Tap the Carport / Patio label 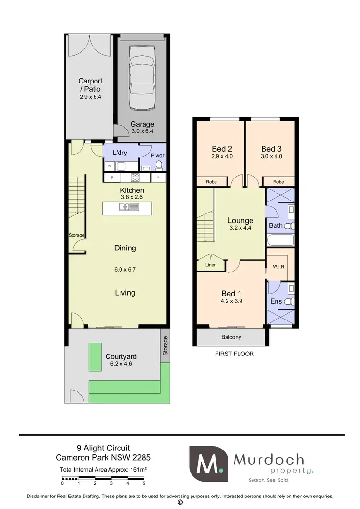(x=90, y=89)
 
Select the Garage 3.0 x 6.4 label (x=142, y=128)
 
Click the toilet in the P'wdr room (x=159, y=166)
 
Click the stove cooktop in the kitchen (x=135, y=177)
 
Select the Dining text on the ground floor (x=125, y=248)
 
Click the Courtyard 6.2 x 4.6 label (x=121, y=360)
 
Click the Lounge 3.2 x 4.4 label (x=240, y=224)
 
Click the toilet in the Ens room (x=288, y=302)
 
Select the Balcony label (x=231, y=337)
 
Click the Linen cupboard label (x=211, y=265)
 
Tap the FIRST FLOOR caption (x=234, y=354)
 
